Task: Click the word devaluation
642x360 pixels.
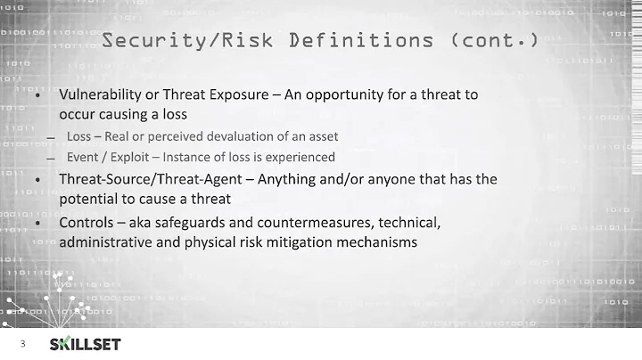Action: [253, 136]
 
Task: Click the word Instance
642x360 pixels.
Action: [189, 157]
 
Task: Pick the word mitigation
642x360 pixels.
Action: [304, 240]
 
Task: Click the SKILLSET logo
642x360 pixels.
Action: [85, 344]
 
